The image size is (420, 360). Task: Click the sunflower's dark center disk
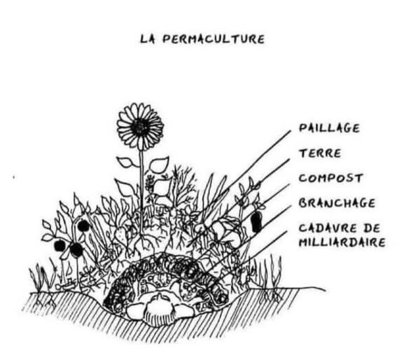pyautogui.click(x=140, y=127)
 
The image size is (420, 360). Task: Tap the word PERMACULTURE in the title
pyautogui.click(x=213, y=39)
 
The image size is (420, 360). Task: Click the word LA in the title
pyautogui.click(x=148, y=39)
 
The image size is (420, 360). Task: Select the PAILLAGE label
pyautogui.click(x=329, y=129)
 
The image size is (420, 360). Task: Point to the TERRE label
pyautogui.click(x=320, y=153)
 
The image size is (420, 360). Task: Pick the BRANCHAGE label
pyautogui.click(x=337, y=203)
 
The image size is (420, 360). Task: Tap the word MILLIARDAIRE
pyautogui.click(x=342, y=242)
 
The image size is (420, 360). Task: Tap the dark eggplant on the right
pyautogui.click(x=255, y=221)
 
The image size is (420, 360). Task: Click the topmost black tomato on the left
pyautogui.click(x=83, y=226)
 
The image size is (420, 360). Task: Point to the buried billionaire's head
pyautogui.click(x=160, y=306)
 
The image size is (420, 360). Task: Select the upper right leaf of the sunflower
pyautogui.click(x=159, y=165)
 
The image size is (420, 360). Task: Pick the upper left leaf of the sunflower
pyautogui.click(x=126, y=162)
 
